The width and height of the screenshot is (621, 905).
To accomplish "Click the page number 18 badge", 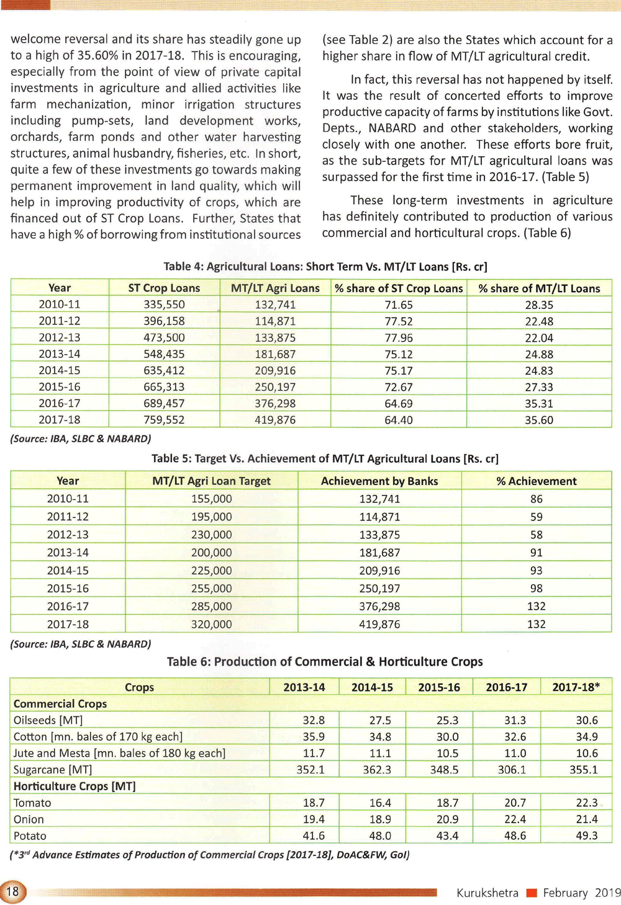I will click(12, 892).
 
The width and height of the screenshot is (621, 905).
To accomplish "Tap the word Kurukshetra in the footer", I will click(487, 893).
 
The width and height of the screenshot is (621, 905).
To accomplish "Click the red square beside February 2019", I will click(531, 893).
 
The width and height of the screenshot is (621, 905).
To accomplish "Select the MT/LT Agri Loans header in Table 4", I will click(275, 288).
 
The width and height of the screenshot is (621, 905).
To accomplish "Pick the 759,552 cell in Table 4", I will click(164, 420).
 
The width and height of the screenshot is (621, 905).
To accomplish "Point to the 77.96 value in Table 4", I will click(399, 338).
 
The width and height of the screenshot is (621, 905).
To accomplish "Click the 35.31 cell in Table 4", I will click(538, 404).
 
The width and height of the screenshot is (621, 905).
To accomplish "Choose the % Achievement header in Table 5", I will click(536, 481).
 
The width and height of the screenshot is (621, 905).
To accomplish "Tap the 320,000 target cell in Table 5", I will click(211, 624).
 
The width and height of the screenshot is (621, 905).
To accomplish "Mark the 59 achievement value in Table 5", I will click(536, 517).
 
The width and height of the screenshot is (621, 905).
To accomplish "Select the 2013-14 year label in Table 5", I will click(68, 553).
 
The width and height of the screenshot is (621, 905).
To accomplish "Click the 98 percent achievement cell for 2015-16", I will click(536, 588).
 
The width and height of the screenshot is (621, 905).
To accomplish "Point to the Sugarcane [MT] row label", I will click(53, 770).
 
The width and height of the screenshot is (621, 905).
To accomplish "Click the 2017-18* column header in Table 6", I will click(576, 687).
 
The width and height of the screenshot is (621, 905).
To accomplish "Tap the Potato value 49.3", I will click(586, 836).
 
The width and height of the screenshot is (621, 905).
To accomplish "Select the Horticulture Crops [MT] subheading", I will click(75, 786).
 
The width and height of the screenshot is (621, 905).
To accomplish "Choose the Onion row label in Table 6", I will click(29, 819).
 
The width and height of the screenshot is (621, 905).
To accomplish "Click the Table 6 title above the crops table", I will click(325, 662).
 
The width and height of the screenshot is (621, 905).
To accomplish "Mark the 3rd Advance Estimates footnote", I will click(210, 855).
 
